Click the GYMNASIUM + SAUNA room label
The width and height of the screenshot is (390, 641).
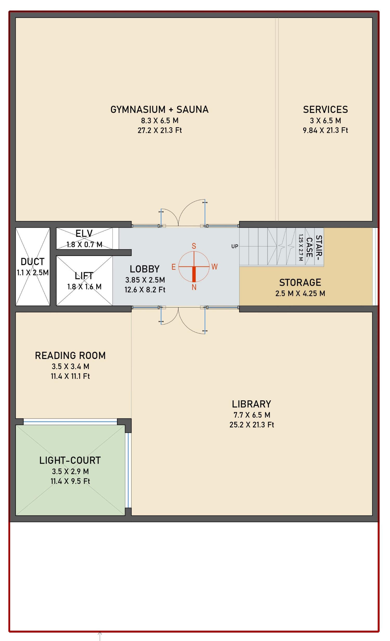[x=159, y=110]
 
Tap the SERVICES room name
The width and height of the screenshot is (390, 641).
[x=325, y=110]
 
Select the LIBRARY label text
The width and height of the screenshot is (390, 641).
[x=251, y=404]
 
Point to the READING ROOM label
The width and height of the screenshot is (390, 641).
[x=70, y=356]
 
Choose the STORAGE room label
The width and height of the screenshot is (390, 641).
[x=300, y=283]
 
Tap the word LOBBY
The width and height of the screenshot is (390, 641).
[x=145, y=269]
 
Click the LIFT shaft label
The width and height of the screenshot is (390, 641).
[x=84, y=276]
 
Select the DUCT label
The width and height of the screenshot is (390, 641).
[x=32, y=262]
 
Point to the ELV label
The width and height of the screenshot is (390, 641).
[x=84, y=234]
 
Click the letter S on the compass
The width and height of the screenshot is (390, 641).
[x=194, y=246]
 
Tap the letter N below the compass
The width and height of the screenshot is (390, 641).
[x=194, y=287]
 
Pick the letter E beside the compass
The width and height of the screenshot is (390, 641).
[x=173, y=267]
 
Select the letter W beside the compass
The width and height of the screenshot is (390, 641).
[x=214, y=267]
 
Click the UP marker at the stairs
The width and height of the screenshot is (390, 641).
[x=235, y=246]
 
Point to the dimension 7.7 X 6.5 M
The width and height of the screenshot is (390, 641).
[x=252, y=415]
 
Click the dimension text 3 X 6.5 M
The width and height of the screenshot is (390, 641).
[x=325, y=121]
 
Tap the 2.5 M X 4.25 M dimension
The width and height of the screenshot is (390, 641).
[x=300, y=294]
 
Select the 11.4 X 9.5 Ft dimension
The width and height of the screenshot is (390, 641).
[x=70, y=482]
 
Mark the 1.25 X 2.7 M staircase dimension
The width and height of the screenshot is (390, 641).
[x=301, y=248]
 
